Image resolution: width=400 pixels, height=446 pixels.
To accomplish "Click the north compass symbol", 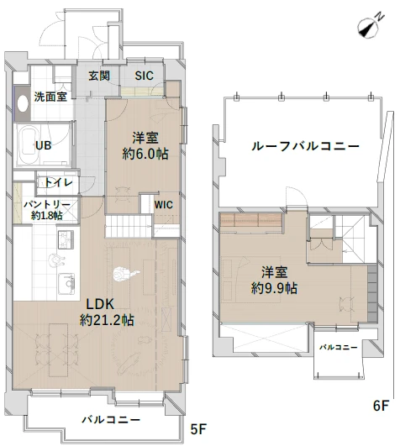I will (x=367, y=28).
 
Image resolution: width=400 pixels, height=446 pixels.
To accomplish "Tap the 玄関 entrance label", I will (x=100, y=76).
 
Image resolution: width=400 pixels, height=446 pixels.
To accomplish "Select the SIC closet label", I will (x=145, y=76).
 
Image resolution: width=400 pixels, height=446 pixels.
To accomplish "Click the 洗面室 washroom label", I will (x=50, y=97).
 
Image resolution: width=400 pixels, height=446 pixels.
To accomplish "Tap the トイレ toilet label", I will (x=58, y=182).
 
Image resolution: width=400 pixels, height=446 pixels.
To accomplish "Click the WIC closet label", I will (x=163, y=202).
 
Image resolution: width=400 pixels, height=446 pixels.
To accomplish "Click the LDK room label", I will (x=100, y=303).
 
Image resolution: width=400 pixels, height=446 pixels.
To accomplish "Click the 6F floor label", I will (x=381, y=406).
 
